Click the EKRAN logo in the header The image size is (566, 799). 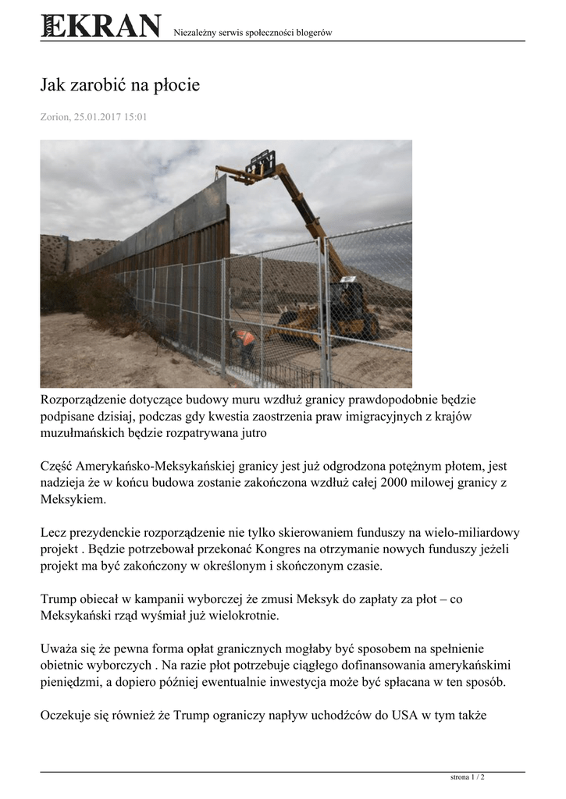click(x=101, y=26)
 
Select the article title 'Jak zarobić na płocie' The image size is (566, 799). click(x=120, y=85)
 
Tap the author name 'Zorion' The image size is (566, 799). click(x=55, y=118)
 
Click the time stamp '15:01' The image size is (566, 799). click(x=134, y=118)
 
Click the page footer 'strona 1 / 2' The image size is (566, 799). click(x=468, y=777)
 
